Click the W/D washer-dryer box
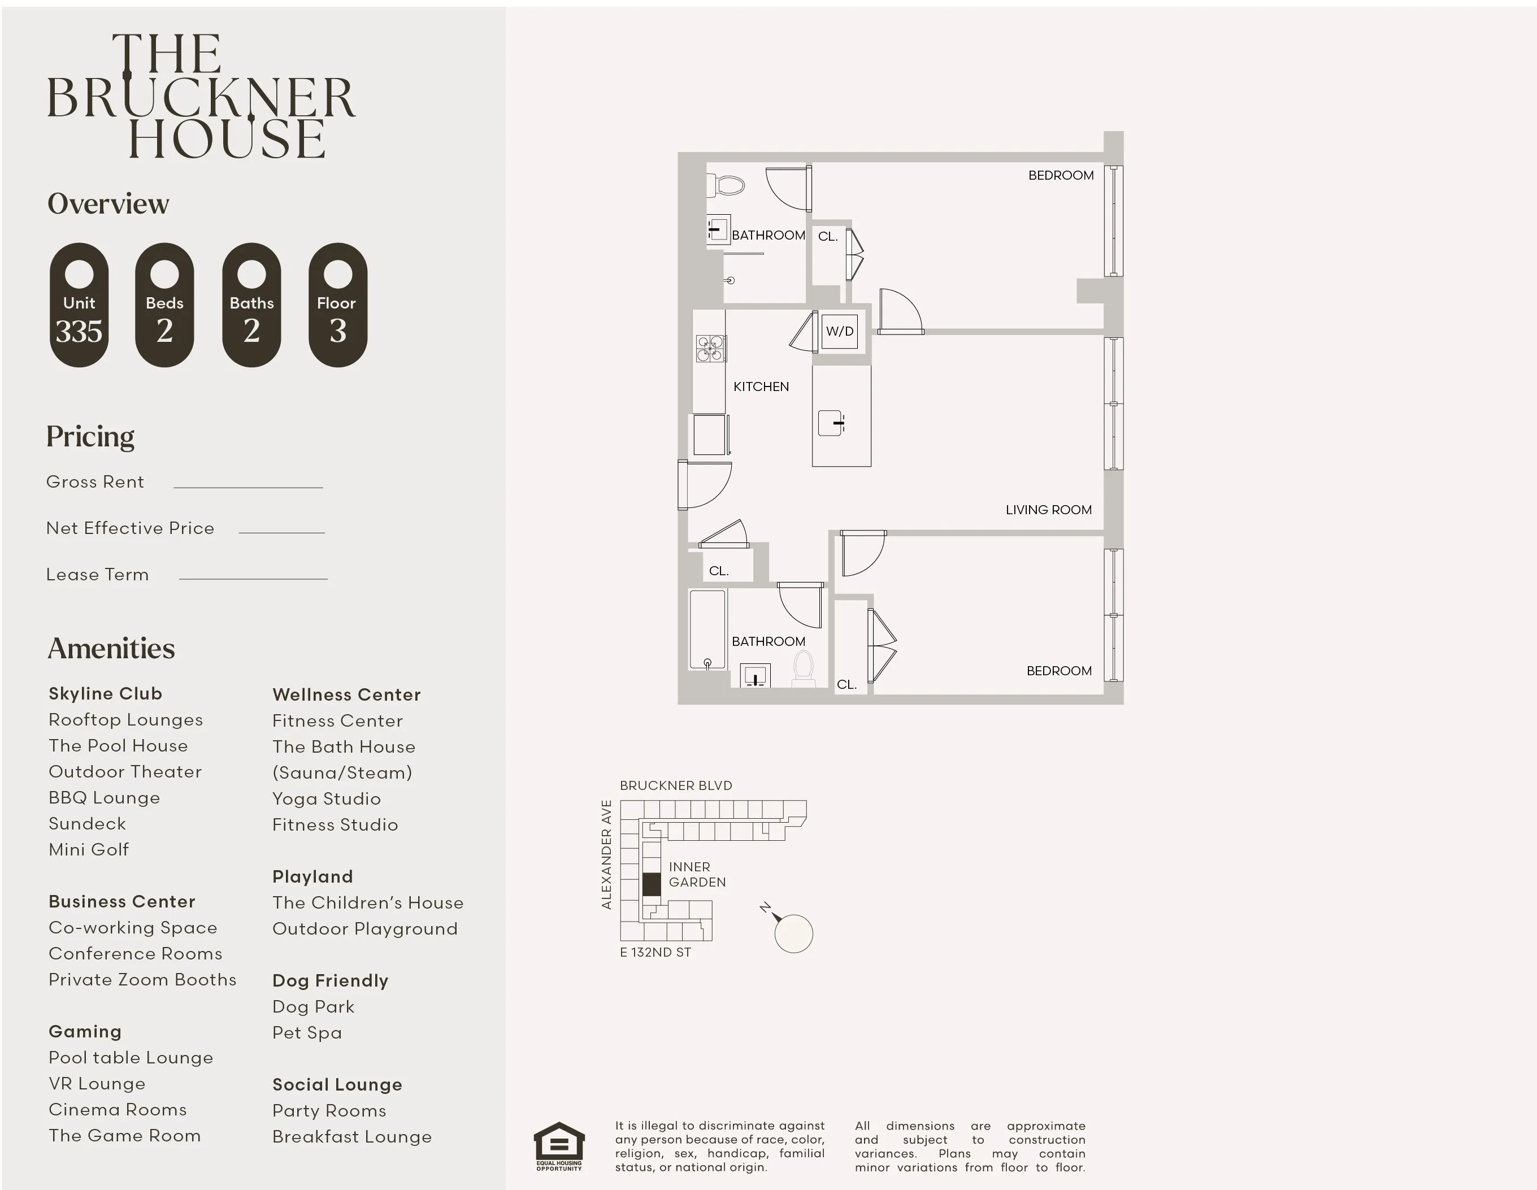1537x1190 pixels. click(839, 332)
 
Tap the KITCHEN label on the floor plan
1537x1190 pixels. click(761, 386)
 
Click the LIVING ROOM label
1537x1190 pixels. click(1048, 510)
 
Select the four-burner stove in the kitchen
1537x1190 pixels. click(710, 348)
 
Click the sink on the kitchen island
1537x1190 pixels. click(831, 423)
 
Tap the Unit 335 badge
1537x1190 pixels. click(79, 305)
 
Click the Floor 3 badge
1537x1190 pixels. click(338, 305)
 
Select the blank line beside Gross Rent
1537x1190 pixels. click(248, 485)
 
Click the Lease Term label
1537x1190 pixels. click(97, 574)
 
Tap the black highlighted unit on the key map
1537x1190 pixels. click(652, 884)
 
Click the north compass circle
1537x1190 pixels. click(793, 934)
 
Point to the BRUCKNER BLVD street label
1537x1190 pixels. click(676, 785)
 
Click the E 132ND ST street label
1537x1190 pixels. click(655, 952)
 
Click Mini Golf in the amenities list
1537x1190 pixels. click(89, 849)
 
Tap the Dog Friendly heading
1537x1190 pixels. click(330, 980)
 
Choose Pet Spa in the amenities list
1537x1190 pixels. click(307, 1032)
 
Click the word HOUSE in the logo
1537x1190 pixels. click(227, 138)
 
